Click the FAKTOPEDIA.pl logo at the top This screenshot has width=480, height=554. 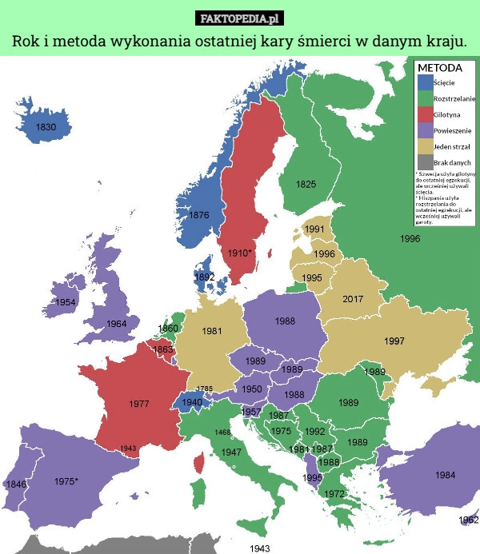click(x=240, y=17)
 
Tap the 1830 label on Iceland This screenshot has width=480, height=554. click(x=46, y=127)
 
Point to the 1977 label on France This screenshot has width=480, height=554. click(x=139, y=404)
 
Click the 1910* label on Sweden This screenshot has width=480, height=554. click(x=239, y=253)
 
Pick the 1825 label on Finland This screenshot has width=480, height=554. click(x=306, y=185)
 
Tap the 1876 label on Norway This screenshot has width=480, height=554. click(x=199, y=215)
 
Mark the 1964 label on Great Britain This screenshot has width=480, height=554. click(x=116, y=324)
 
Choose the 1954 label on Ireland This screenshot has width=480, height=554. click(x=66, y=302)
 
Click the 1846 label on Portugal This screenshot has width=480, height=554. click(x=16, y=484)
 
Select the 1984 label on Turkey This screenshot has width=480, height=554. click(x=446, y=475)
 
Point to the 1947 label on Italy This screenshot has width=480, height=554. click(x=231, y=452)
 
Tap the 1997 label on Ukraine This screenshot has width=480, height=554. click(x=394, y=341)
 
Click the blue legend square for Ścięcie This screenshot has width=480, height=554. click(x=424, y=82)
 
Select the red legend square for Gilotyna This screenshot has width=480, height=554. click(x=424, y=114)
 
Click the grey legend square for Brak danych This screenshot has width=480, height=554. click(x=424, y=161)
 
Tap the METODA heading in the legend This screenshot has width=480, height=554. click(x=439, y=68)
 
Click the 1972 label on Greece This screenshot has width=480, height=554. click(x=335, y=494)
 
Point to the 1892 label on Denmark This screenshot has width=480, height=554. click(x=205, y=277)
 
